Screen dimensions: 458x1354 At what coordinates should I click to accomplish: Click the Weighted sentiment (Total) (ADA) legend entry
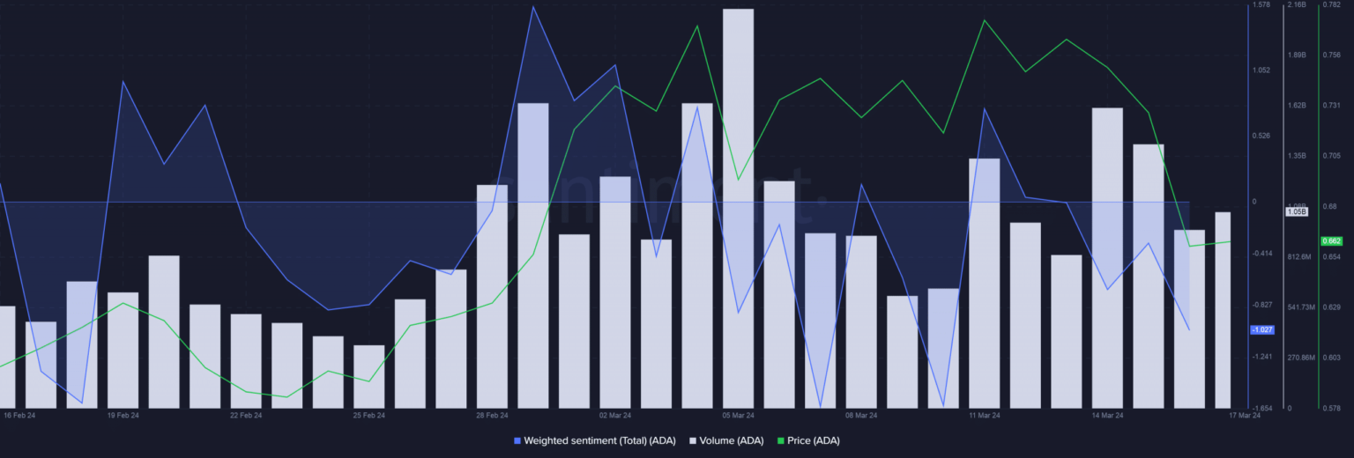599,440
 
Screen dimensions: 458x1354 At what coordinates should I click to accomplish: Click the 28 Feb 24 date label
492,415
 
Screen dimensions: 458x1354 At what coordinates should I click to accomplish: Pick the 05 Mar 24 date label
738,415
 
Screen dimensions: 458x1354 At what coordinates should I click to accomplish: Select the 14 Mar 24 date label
1107,415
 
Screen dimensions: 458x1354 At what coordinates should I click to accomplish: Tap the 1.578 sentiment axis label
1261,5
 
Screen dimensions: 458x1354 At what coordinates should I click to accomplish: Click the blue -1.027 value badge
1262,329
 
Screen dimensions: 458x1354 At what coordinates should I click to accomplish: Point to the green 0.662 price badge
1330,240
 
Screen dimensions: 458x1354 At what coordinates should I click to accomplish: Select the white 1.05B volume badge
1296,211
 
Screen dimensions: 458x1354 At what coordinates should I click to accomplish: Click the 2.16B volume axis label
1296,5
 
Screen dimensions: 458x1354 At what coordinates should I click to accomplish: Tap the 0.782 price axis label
1331,5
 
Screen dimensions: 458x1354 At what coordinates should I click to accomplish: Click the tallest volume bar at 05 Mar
738,211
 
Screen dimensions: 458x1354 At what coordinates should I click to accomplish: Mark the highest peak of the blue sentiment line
533,7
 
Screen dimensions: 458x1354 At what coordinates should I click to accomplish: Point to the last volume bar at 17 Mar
1223,308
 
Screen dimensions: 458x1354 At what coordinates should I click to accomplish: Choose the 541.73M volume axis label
1300,307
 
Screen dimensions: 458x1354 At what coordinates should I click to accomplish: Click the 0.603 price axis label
1331,358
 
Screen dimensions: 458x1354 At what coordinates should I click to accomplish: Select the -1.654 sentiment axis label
1261,409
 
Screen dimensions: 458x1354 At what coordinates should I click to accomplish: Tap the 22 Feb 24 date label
246,415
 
